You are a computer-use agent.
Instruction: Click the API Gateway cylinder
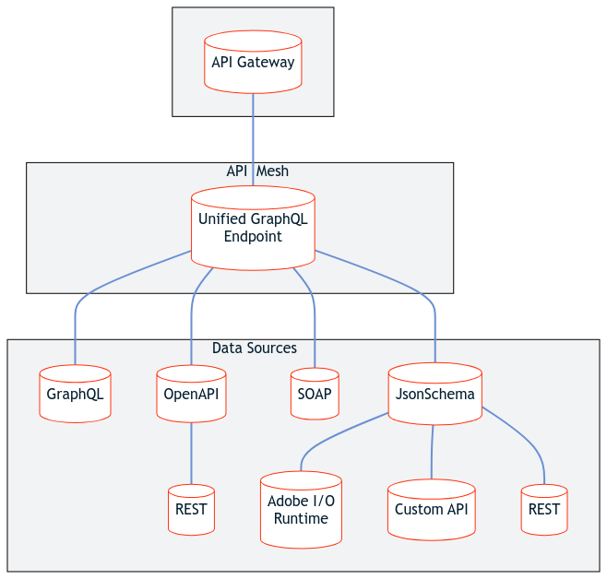click(253, 63)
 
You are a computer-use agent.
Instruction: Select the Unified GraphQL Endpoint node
click(253, 229)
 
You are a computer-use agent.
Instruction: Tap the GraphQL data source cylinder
click(75, 395)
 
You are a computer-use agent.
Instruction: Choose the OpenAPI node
click(191, 395)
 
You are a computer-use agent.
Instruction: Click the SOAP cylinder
click(315, 395)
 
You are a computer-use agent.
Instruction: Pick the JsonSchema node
click(434, 395)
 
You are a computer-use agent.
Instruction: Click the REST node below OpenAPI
click(191, 510)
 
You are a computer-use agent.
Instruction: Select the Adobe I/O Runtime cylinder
click(301, 510)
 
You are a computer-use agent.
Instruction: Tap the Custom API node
click(431, 510)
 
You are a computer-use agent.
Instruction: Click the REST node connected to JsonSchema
click(544, 510)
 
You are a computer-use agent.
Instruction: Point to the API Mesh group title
click(257, 171)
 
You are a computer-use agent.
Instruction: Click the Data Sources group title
click(255, 349)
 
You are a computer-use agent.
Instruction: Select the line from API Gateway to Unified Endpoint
click(253, 138)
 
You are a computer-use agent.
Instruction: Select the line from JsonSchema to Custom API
click(432, 452)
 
